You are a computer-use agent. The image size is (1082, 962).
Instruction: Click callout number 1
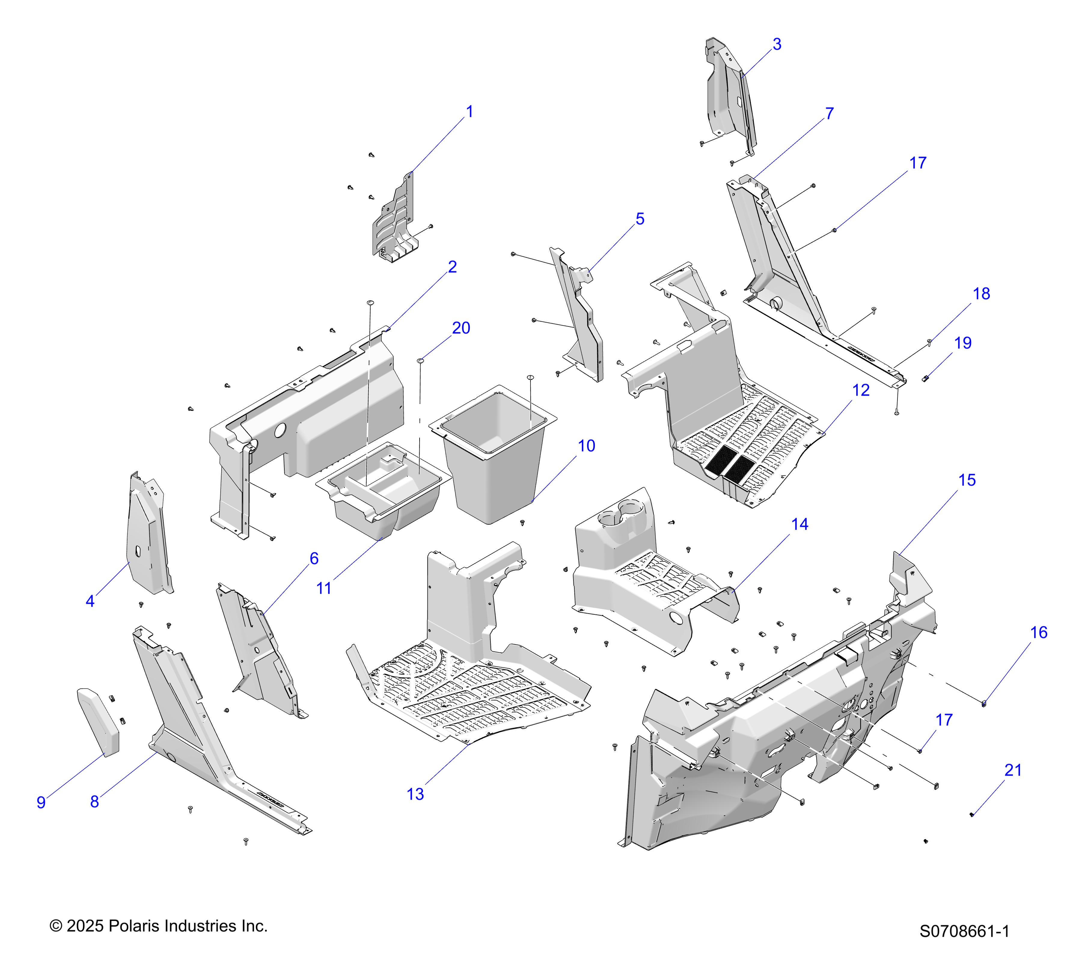[x=469, y=112]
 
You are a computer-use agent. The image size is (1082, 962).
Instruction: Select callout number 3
[x=777, y=44]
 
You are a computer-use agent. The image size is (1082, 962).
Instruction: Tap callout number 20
[x=460, y=328]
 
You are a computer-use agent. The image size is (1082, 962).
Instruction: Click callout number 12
[x=861, y=390]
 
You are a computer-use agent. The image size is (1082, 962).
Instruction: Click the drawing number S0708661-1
[x=964, y=946]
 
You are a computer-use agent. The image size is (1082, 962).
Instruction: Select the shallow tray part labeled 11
[x=384, y=495]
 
